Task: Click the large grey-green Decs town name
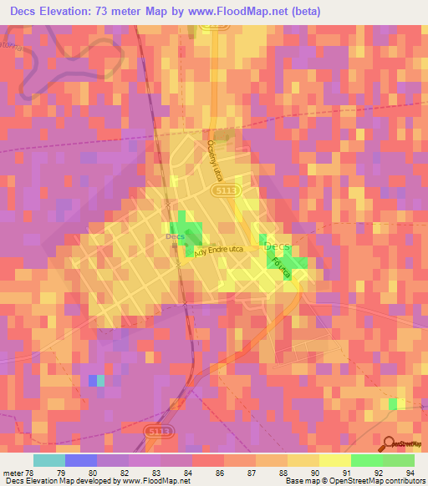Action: point(279,247)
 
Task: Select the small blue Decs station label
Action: point(175,236)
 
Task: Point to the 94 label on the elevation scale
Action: point(410,473)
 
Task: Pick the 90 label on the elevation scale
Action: point(315,473)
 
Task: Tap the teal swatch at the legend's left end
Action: point(48,460)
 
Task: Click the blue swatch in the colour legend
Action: point(81,460)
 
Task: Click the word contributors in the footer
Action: point(404,481)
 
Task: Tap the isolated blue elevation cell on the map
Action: point(92,381)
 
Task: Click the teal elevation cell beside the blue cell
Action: point(101,381)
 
